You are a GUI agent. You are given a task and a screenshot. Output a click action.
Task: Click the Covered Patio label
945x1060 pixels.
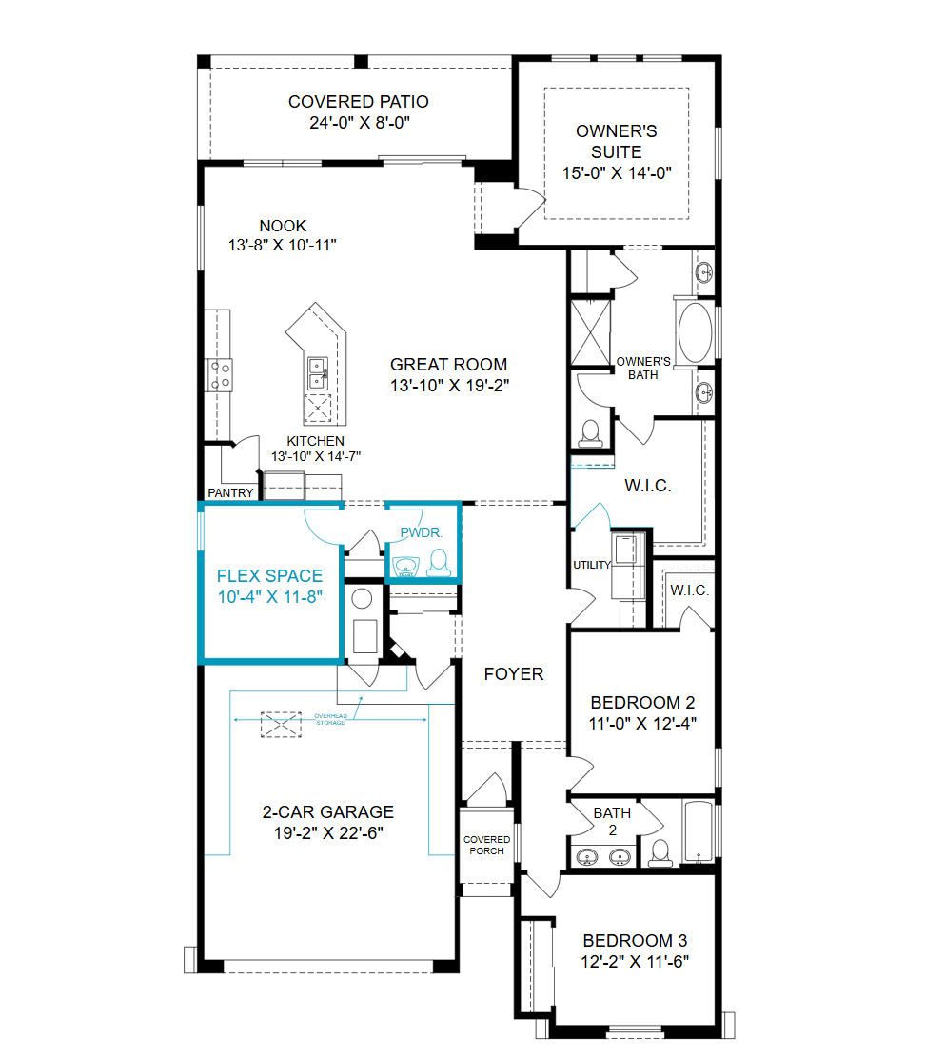tap(359, 101)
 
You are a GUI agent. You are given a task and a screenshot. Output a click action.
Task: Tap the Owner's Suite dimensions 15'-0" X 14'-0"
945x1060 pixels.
tap(617, 173)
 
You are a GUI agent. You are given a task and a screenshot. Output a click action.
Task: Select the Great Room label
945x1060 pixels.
tap(448, 365)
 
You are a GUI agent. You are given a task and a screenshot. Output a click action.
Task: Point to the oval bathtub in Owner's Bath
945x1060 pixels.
tap(695, 332)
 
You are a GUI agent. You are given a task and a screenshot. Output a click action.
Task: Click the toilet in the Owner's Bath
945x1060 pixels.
tap(590, 433)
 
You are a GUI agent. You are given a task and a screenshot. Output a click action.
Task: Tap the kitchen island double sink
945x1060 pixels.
tap(318, 374)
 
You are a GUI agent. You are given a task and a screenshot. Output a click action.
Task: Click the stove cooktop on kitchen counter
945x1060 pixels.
tap(219, 375)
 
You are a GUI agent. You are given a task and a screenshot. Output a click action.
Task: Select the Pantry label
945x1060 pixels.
tap(230, 492)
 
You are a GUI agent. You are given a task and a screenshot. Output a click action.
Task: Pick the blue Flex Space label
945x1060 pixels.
tap(269, 576)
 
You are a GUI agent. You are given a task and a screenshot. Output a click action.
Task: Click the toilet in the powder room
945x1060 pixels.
tap(439, 563)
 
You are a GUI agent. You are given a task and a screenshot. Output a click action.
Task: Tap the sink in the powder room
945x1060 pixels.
tap(406, 566)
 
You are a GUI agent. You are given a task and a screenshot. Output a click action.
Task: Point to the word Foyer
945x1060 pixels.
tap(513, 674)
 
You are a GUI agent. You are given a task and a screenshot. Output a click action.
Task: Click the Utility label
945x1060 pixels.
tap(592, 565)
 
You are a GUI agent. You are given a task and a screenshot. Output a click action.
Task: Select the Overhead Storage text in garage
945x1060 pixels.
tap(330, 719)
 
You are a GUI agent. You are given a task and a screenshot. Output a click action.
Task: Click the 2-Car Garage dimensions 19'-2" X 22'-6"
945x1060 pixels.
tap(328, 832)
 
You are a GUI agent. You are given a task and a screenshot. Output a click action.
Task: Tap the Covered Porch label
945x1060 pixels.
tap(486, 845)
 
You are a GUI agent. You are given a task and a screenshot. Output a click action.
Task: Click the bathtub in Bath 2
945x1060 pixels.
tap(698, 832)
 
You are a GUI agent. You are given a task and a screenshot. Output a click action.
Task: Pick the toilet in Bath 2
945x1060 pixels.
tap(660, 853)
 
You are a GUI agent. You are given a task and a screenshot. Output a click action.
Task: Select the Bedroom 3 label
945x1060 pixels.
tap(635, 940)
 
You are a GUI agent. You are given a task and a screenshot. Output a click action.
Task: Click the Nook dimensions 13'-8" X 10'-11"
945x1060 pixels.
tap(283, 245)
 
